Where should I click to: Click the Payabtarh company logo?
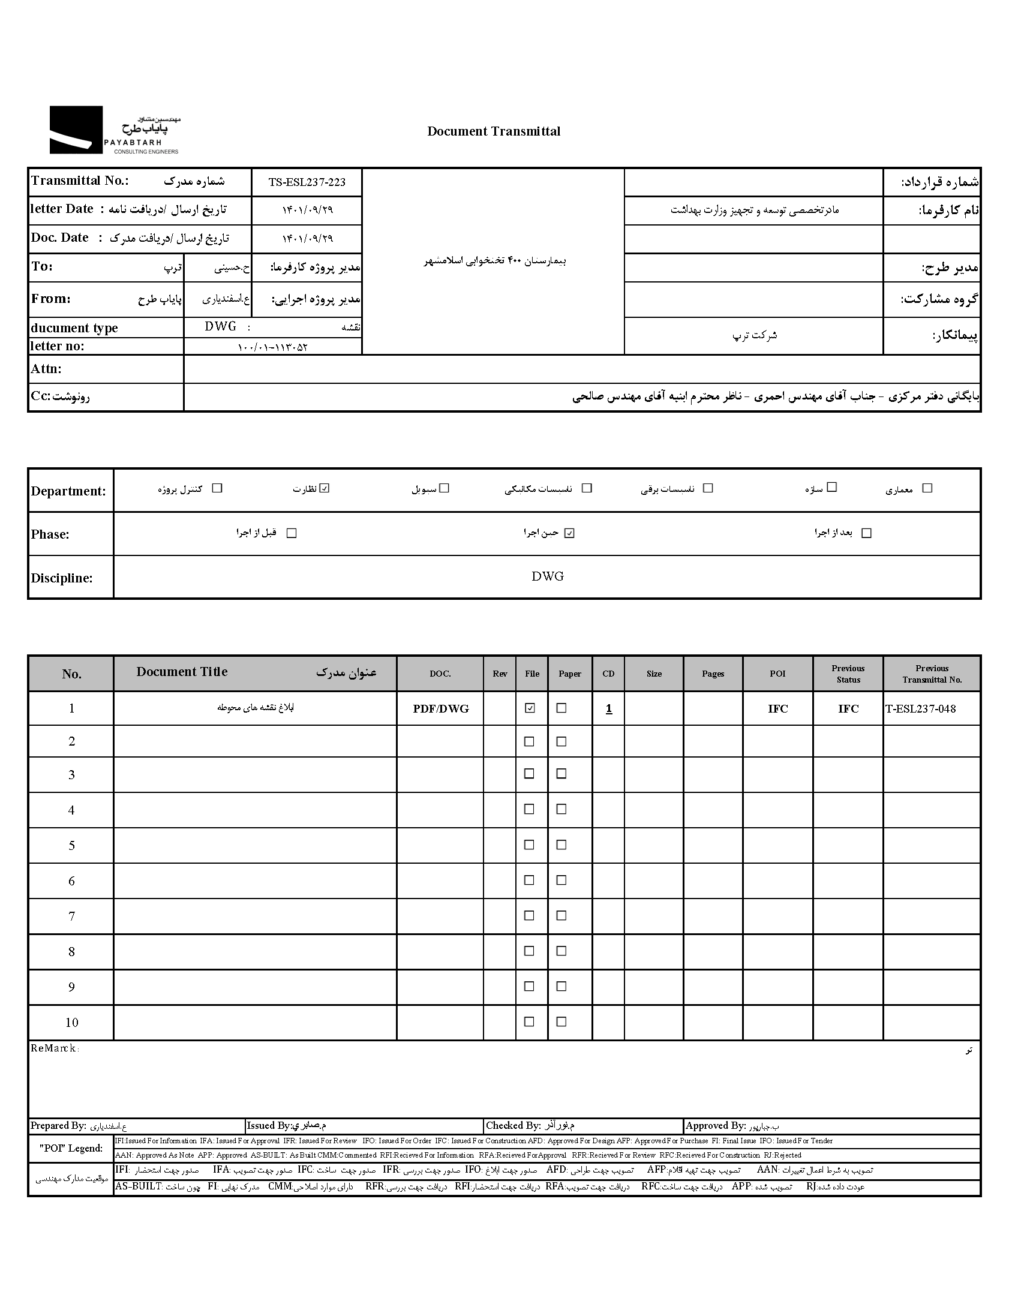click(114, 130)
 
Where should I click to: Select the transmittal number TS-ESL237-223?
click(307, 182)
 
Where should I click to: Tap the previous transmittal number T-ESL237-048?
click(921, 708)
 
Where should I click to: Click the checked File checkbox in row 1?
click(530, 708)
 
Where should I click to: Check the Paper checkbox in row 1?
click(561, 708)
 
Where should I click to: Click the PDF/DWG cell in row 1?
click(440, 709)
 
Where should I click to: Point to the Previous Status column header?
click(848, 674)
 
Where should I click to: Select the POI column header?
click(777, 674)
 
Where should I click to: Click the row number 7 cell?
click(71, 916)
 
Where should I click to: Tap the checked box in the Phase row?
click(569, 533)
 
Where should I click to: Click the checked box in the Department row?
click(325, 488)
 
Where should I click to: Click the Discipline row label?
click(62, 578)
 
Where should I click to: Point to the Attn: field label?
click(46, 369)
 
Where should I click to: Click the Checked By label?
click(513, 1125)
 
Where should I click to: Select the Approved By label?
click(715, 1125)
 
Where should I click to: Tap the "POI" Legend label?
click(71, 1148)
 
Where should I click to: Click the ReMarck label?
click(54, 1048)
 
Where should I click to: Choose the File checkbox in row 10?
click(529, 1021)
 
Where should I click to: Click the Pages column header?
click(713, 674)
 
